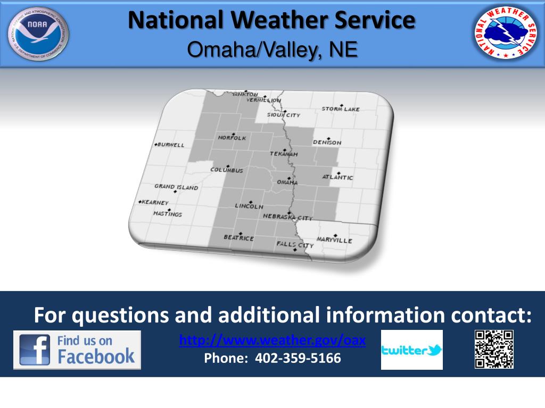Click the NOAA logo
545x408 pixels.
point(38,35)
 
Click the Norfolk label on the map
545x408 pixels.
point(232,138)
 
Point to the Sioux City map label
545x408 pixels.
point(284,115)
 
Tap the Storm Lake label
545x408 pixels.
point(341,109)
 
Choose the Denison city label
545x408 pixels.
point(327,142)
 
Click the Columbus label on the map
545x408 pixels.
point(227,170)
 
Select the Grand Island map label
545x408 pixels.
point(176,187)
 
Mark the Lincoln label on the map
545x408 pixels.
point(249,206)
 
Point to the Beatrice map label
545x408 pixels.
point(238,237)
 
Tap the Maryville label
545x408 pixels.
point(334,240)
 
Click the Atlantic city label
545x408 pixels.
point(337,177)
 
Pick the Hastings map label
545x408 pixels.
point(168,214)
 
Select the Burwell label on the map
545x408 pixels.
point(170,144)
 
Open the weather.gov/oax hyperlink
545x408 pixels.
point(272,341)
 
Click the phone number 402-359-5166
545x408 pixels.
point(272,359)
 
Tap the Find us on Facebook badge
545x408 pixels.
point(77,350)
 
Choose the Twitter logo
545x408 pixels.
point(411,350)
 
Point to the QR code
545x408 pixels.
point(494,349)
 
